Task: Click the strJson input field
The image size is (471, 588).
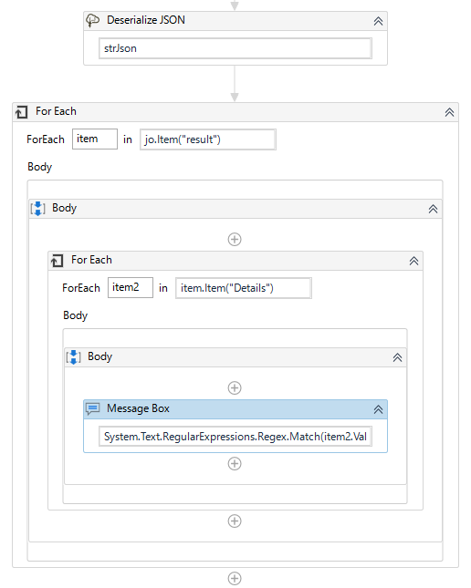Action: point(235,49)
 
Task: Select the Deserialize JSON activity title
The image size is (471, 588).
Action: point(145,20)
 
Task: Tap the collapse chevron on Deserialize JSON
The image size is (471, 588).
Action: point(378,21)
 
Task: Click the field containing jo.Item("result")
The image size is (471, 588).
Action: point(208,139)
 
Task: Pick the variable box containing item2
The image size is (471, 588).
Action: point(130,288)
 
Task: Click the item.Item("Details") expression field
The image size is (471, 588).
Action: point(243,288)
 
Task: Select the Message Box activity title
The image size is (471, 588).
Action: point(138,408)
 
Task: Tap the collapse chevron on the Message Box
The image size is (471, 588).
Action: point(378,409)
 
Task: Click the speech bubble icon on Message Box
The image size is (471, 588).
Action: point(92,408)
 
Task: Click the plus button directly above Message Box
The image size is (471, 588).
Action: point(235,387)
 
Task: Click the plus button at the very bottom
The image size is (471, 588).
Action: point(235,579)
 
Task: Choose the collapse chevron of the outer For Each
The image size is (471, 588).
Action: point(449,112)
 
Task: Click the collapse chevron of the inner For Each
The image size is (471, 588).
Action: point(413,261)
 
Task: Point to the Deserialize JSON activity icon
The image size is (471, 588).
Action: point(92,20)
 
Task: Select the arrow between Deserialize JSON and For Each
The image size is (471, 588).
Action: point(235,84)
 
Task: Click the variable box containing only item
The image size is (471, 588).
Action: point(95,139)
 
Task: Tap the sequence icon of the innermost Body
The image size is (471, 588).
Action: point(74,357)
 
